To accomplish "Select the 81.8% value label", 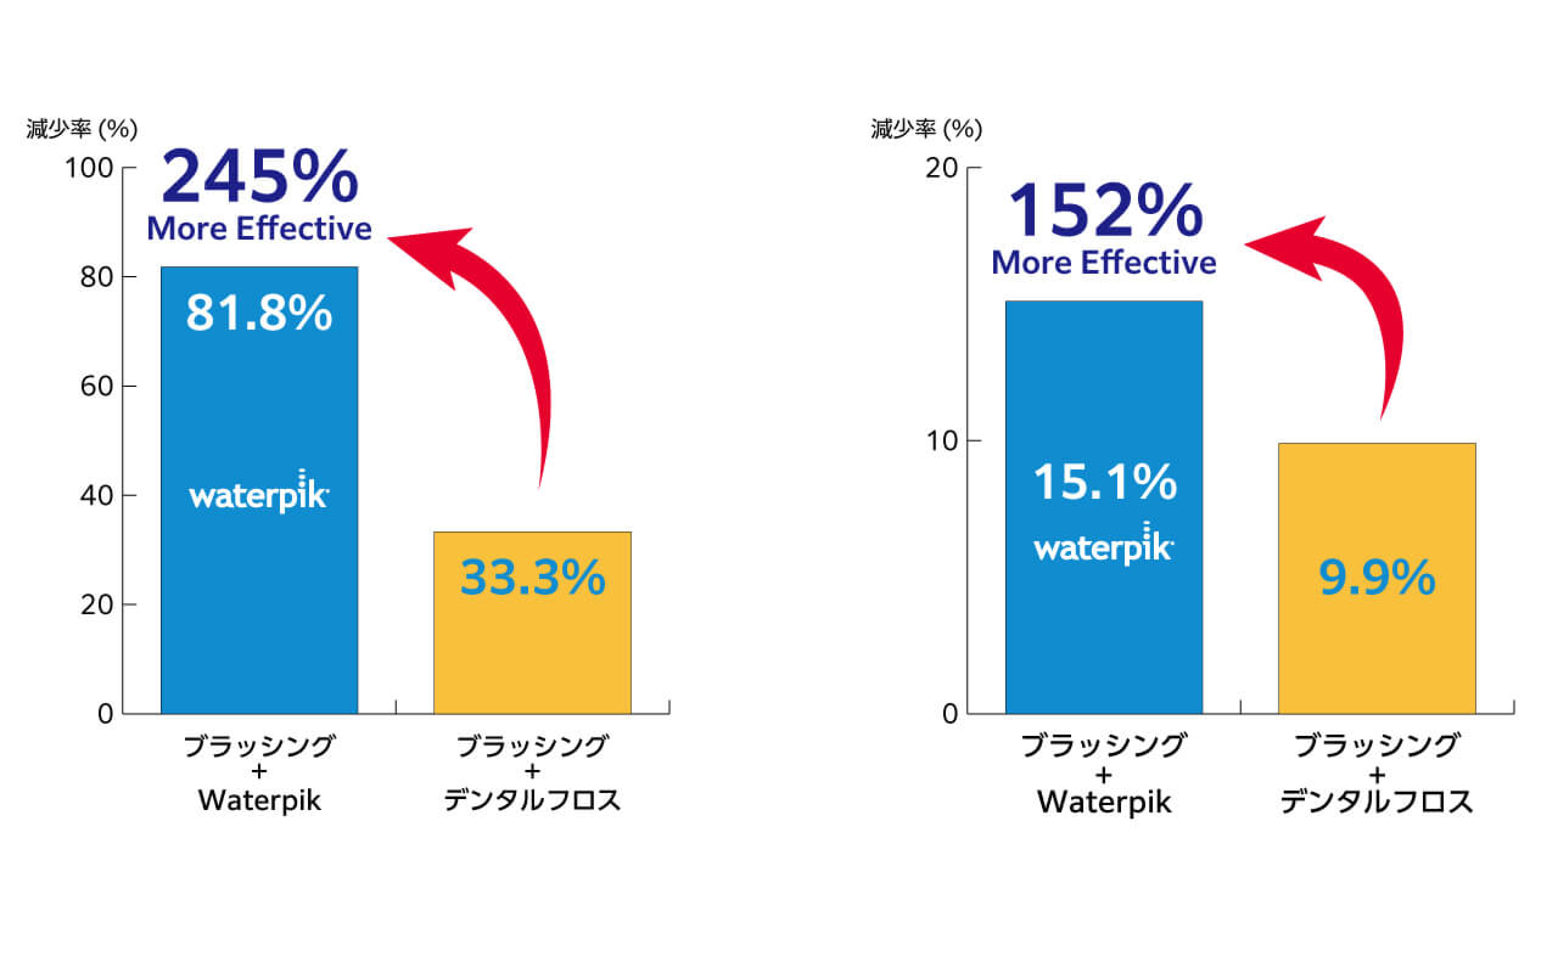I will [259, 313].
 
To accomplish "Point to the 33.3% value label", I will [532, 577].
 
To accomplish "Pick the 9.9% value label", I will [1377, 577].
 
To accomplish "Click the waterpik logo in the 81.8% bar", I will [259, 493].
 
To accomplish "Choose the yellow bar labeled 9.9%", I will [1377, 650].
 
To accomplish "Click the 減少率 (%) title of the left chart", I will [82, 129].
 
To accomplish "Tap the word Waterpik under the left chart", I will [259, 801].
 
